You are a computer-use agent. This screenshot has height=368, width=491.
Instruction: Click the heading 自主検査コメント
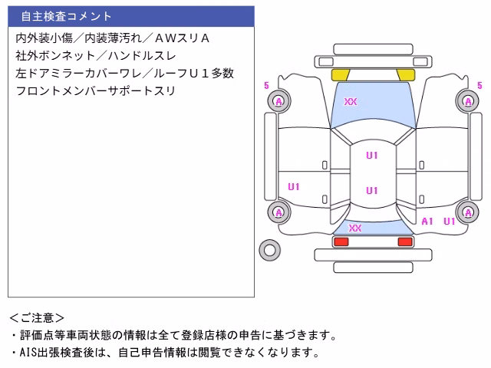(x=66, y=16)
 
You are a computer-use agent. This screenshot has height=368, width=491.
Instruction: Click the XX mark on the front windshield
(x=351, y=101)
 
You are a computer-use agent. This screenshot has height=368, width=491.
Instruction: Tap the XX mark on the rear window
(x=355, y=228)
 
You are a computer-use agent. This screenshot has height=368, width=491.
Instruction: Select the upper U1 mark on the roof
(x=372, y=155)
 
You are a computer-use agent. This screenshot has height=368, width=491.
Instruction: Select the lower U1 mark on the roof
(x=372, y=190)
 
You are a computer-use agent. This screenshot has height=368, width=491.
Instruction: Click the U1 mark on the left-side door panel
(x=294, y=187)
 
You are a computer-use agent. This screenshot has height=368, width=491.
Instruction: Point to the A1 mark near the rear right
(x=427, y=222)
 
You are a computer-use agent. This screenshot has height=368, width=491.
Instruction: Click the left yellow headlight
(x=341, y=75)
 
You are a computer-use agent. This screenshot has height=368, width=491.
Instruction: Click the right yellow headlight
(x=406, y=75)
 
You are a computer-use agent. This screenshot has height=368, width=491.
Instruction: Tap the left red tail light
(x=341, y=242)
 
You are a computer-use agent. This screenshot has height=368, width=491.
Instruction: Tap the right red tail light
(x=405, y=242)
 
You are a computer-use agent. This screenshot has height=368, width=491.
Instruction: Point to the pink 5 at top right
(x=479, y=85)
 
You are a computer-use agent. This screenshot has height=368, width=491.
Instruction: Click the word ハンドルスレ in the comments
(x=142, y=56)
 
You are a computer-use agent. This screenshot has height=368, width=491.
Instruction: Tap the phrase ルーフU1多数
(x=193, y=74)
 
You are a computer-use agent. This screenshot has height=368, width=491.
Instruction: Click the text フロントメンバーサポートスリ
(x=95, y=90)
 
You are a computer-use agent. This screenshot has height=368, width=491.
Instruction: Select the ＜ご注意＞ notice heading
(x=37, y=318)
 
